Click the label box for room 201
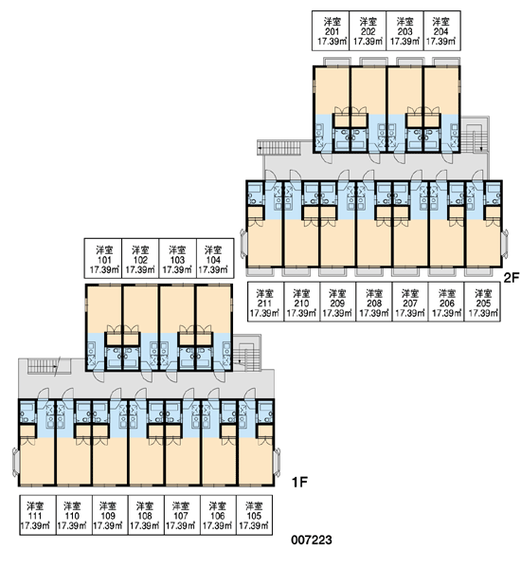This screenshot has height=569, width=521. click(x=331, y=30)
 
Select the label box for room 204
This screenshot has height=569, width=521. click(x=442, y=30)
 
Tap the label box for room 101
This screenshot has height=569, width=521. click(x=103, y=258)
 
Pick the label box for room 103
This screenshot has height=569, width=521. click(x=178, y=258)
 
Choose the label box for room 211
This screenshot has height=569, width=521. click(x=266, y=302)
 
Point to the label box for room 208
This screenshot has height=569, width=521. click(x=374, y=302)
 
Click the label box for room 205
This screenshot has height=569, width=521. click(x=482, y=302)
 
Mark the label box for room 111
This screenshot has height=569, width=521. click(x=38, y=515)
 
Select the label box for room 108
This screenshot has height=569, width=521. click(x=146, y=515)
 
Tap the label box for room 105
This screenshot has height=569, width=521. click(x=254, y=515)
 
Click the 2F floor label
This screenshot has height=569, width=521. click(x=512, y=278)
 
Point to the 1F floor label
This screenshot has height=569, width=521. click(x=300, y=483)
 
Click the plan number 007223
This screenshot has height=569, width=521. click(x=312, y=540)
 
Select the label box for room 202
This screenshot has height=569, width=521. click(x=368, y=30)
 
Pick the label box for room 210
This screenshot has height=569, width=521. click(x=301, y=302)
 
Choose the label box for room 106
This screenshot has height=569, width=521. click(x=218, y=515)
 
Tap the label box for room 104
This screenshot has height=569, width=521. click(x=215, y=258)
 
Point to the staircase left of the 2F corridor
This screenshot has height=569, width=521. click(x=278, y=147)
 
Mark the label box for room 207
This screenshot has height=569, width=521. click(x=410, y=302)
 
